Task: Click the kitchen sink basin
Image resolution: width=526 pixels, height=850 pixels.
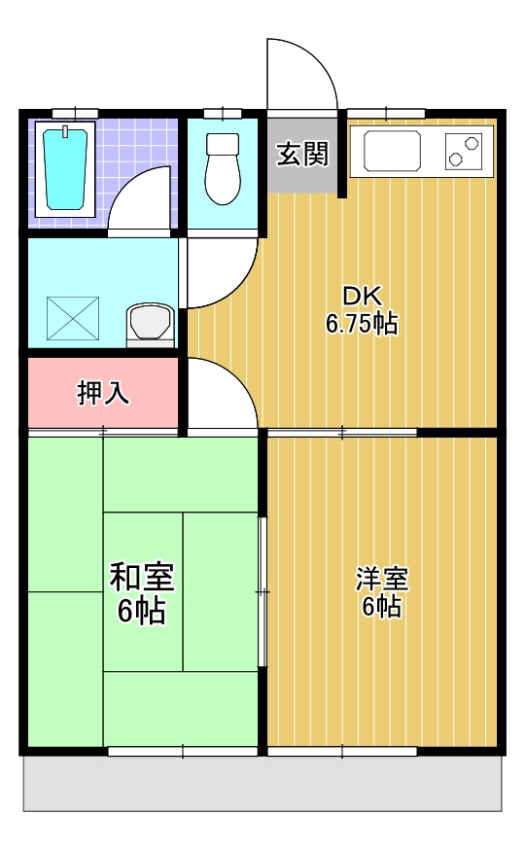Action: [x=392, y=152]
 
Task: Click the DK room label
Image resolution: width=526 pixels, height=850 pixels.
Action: [x=361, y=296]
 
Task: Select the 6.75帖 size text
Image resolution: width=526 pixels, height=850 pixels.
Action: [x=361, y=325]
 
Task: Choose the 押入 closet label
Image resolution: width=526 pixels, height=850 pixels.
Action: [x=102, y=394]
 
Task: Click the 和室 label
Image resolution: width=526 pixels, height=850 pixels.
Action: [x=142, y=578]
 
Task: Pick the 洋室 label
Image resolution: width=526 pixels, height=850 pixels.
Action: [x=381, y=578]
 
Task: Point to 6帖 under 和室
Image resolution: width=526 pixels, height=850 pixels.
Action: [x=142, y=611]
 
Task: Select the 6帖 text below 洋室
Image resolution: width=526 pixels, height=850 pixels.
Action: [x=381, y=607]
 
